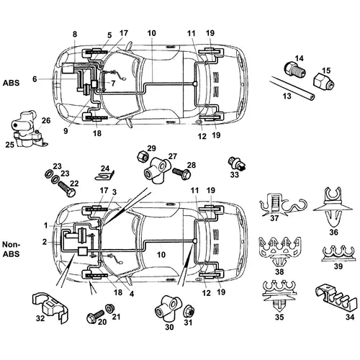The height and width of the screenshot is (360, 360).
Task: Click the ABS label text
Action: point(11,83)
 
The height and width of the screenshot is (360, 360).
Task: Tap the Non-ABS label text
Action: point(11,249)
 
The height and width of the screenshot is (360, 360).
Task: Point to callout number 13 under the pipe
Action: point(287,96)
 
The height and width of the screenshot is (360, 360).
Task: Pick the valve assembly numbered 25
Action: point(27,129)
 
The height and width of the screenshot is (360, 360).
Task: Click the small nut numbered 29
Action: point(142,156)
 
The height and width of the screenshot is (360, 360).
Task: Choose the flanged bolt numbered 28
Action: point(182,173)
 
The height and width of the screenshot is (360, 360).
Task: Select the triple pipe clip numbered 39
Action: point(338,254)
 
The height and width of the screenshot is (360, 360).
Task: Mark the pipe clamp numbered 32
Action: point(50,307)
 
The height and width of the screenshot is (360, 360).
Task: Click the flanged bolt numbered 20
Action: point(95,315)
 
